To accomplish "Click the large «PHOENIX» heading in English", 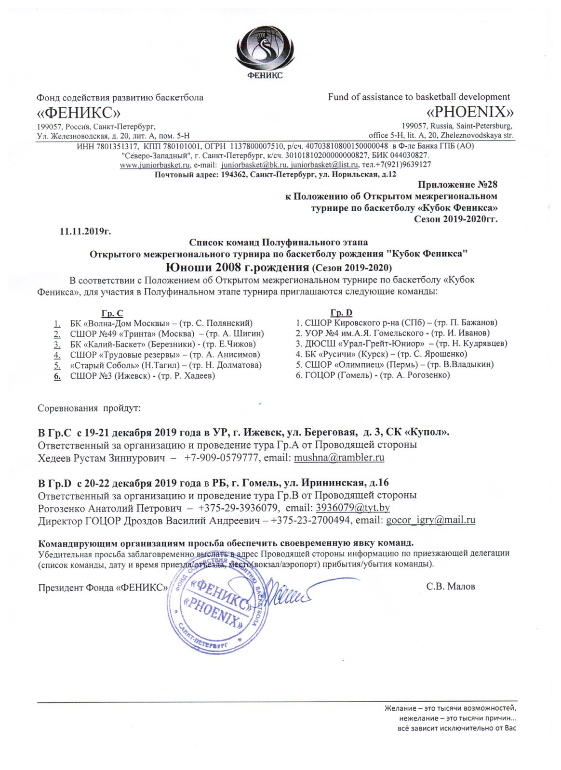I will [x=470, y=112].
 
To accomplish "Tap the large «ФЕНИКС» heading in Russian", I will [x=79, y=113].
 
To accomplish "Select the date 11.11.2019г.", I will [x=85, y=231].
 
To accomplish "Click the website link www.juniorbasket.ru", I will [x=155, y=165].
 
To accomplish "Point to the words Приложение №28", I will [x=457, y=184].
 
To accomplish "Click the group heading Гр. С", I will [x=112, y=313].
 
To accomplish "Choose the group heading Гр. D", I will [x=341, y=313].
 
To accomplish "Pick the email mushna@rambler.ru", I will [x=339, y=458].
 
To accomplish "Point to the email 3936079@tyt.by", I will [x=352, y=508].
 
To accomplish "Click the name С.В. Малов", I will [x=451, y=586].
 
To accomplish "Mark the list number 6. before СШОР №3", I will [x=57, y=376].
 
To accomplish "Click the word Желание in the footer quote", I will [x=403, y=708].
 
